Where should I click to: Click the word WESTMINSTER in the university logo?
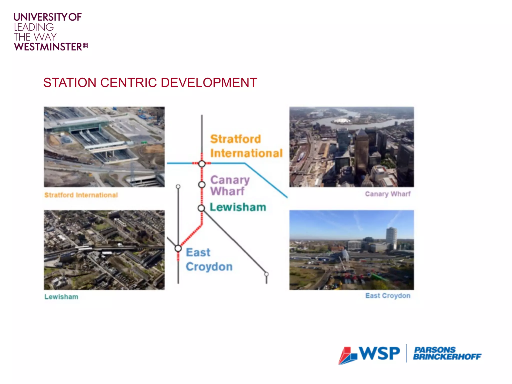pos(48,47)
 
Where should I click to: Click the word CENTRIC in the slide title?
pos(129,83)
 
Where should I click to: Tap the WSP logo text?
pos(379,353)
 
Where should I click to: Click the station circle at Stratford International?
pos(202,164)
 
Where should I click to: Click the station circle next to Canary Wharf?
pos(202,185)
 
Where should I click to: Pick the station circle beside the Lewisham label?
pos(201,208)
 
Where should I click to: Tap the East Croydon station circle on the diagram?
pos(178,248)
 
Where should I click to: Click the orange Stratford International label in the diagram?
pos(246,146)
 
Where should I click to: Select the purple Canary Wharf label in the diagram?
pos(229,185)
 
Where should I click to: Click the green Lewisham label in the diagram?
pos(237,207)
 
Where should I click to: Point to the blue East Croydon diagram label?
pos(209,259)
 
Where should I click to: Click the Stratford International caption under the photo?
pos(81,195)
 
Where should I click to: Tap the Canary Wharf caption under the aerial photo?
pos(387,194)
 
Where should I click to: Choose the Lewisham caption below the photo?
pos(61,297)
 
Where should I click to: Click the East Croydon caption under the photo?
pos(387,296)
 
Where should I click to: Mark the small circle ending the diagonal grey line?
pos(266,274)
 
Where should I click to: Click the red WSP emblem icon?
pos(348,355)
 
